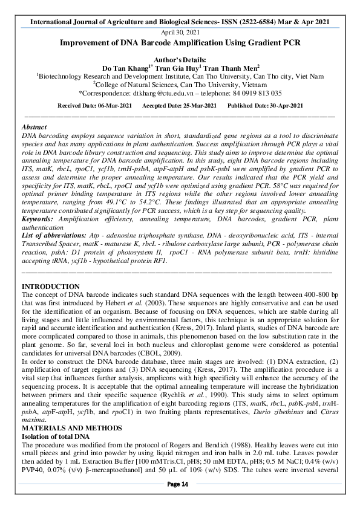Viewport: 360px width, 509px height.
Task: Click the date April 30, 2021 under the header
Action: point(180,32)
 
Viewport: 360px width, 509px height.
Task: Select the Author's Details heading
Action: point(180,59)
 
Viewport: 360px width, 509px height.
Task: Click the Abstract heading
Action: point(34,128)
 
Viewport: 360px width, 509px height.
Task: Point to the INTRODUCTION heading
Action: point(50,286)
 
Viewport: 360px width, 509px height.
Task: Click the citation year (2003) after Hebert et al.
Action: point(192,302)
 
